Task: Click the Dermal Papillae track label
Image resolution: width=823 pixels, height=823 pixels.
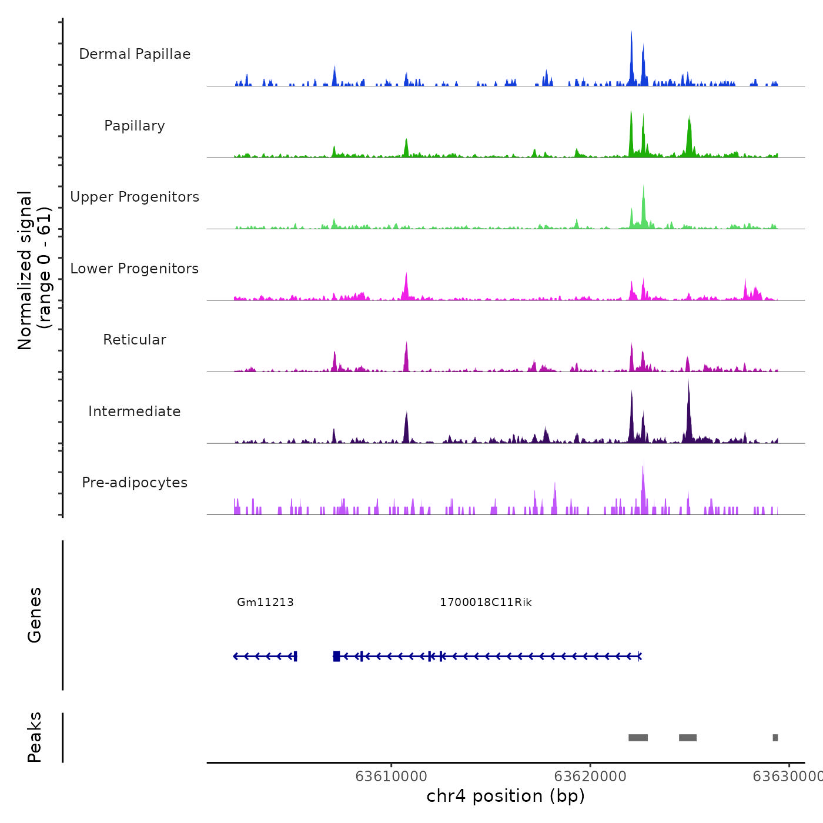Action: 135,54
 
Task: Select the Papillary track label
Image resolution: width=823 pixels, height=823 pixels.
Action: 135,126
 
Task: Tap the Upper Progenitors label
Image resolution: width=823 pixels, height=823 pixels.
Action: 135,197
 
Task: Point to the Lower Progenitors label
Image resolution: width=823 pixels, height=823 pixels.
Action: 135,269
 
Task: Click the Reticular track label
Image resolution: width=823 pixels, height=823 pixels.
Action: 135,340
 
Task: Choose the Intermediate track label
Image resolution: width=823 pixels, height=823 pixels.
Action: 135,411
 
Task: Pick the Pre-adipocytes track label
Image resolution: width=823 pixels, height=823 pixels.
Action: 135,483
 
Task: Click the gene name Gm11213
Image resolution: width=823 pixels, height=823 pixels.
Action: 265,603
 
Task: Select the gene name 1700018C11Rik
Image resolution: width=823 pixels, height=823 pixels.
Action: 486,603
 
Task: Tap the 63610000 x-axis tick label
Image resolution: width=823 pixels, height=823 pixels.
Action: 391,777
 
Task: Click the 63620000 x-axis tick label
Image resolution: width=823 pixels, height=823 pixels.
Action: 590,777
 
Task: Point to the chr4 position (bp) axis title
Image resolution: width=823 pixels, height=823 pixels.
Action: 506,796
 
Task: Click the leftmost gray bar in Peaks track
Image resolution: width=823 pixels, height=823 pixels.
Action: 638,738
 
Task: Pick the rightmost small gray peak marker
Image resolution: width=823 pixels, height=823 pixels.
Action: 775,738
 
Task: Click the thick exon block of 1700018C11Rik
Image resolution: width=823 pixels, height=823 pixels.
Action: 336,656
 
